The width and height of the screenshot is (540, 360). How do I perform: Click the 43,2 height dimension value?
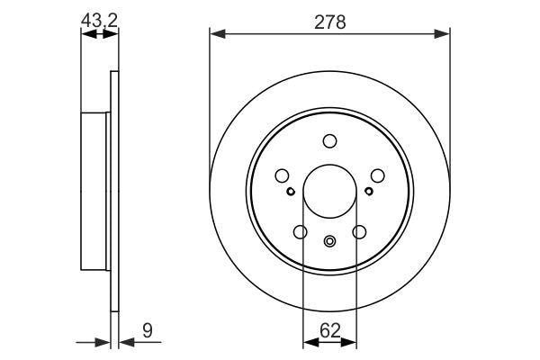(x=99, y=18)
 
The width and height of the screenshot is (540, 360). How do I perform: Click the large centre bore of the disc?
(x=329, y=191)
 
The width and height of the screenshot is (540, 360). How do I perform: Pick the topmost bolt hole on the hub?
(x=329, y=140)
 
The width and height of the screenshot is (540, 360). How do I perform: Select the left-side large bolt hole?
(x=282, y=176)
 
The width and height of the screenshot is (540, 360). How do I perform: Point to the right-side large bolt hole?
(x=377, y=176)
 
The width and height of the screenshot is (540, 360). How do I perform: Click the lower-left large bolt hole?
(x=300, y=232)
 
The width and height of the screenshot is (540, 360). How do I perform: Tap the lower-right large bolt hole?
(x=359, y=232)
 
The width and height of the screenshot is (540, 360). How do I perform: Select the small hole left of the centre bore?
(x=290, y=190)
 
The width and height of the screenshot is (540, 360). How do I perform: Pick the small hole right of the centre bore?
(x=369, y=190)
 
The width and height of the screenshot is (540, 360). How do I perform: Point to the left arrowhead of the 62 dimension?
(x=309, y=341)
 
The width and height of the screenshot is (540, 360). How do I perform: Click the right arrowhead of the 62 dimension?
(x=350, y=341)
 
